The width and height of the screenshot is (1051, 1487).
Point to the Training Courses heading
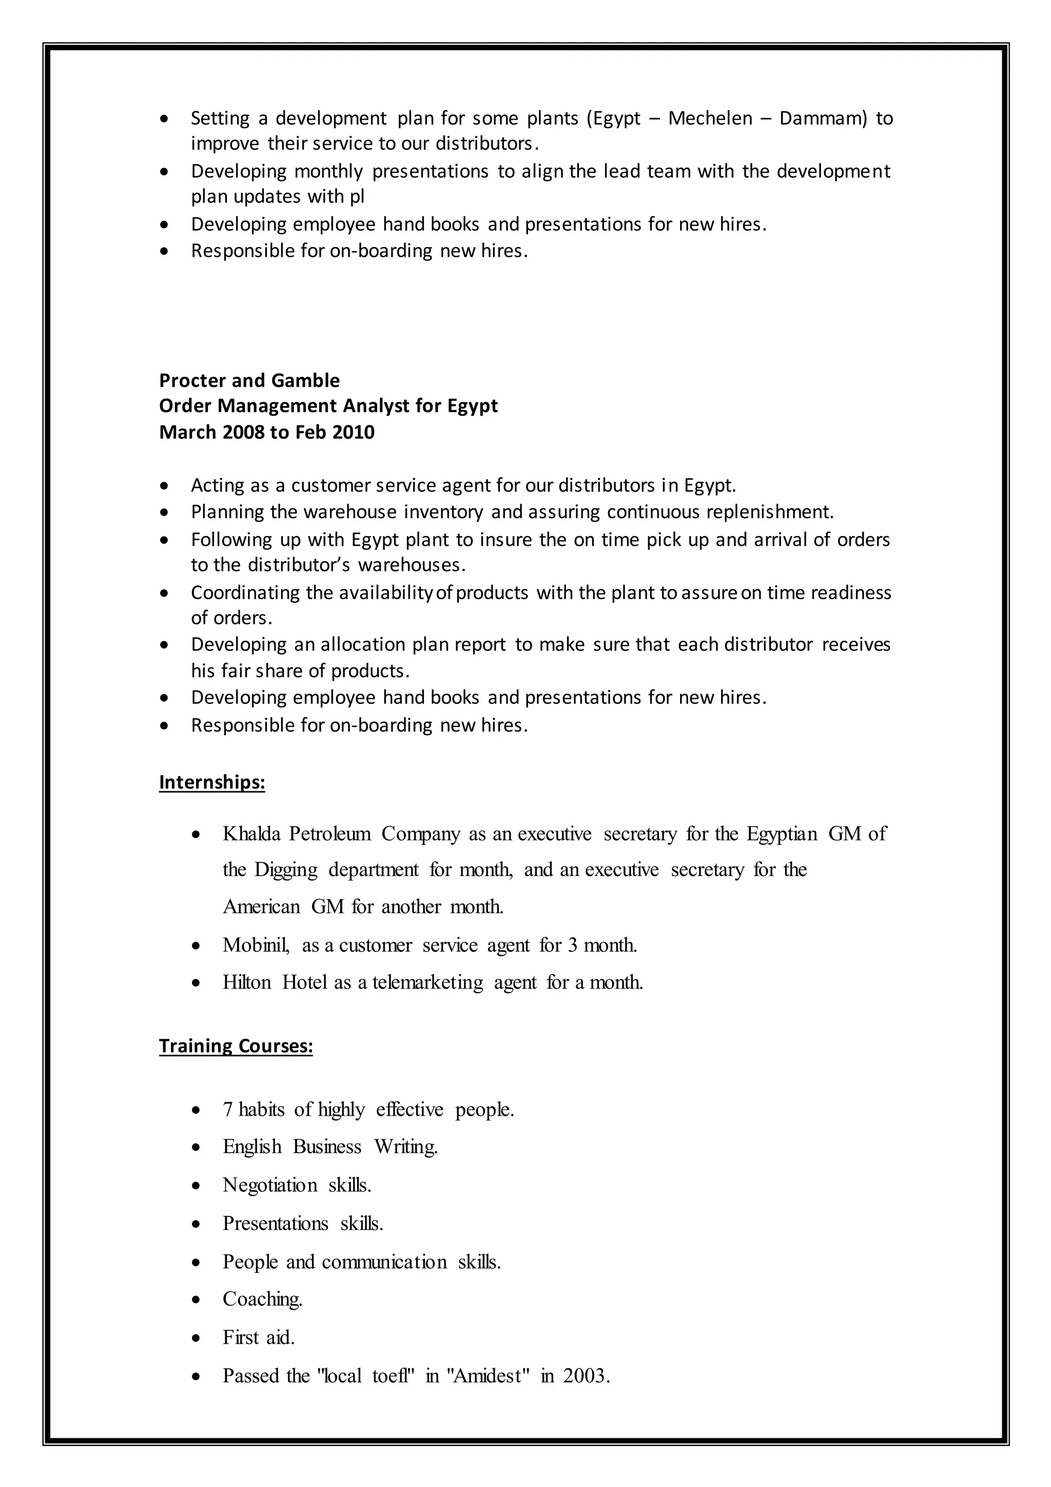coord(236,1046)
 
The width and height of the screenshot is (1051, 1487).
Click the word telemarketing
coord(427,982)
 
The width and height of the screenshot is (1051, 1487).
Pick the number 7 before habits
coord(227,1110)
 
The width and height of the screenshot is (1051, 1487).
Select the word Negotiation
coord(270,1185)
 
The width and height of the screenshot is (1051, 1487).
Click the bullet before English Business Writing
coord(196,1148)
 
